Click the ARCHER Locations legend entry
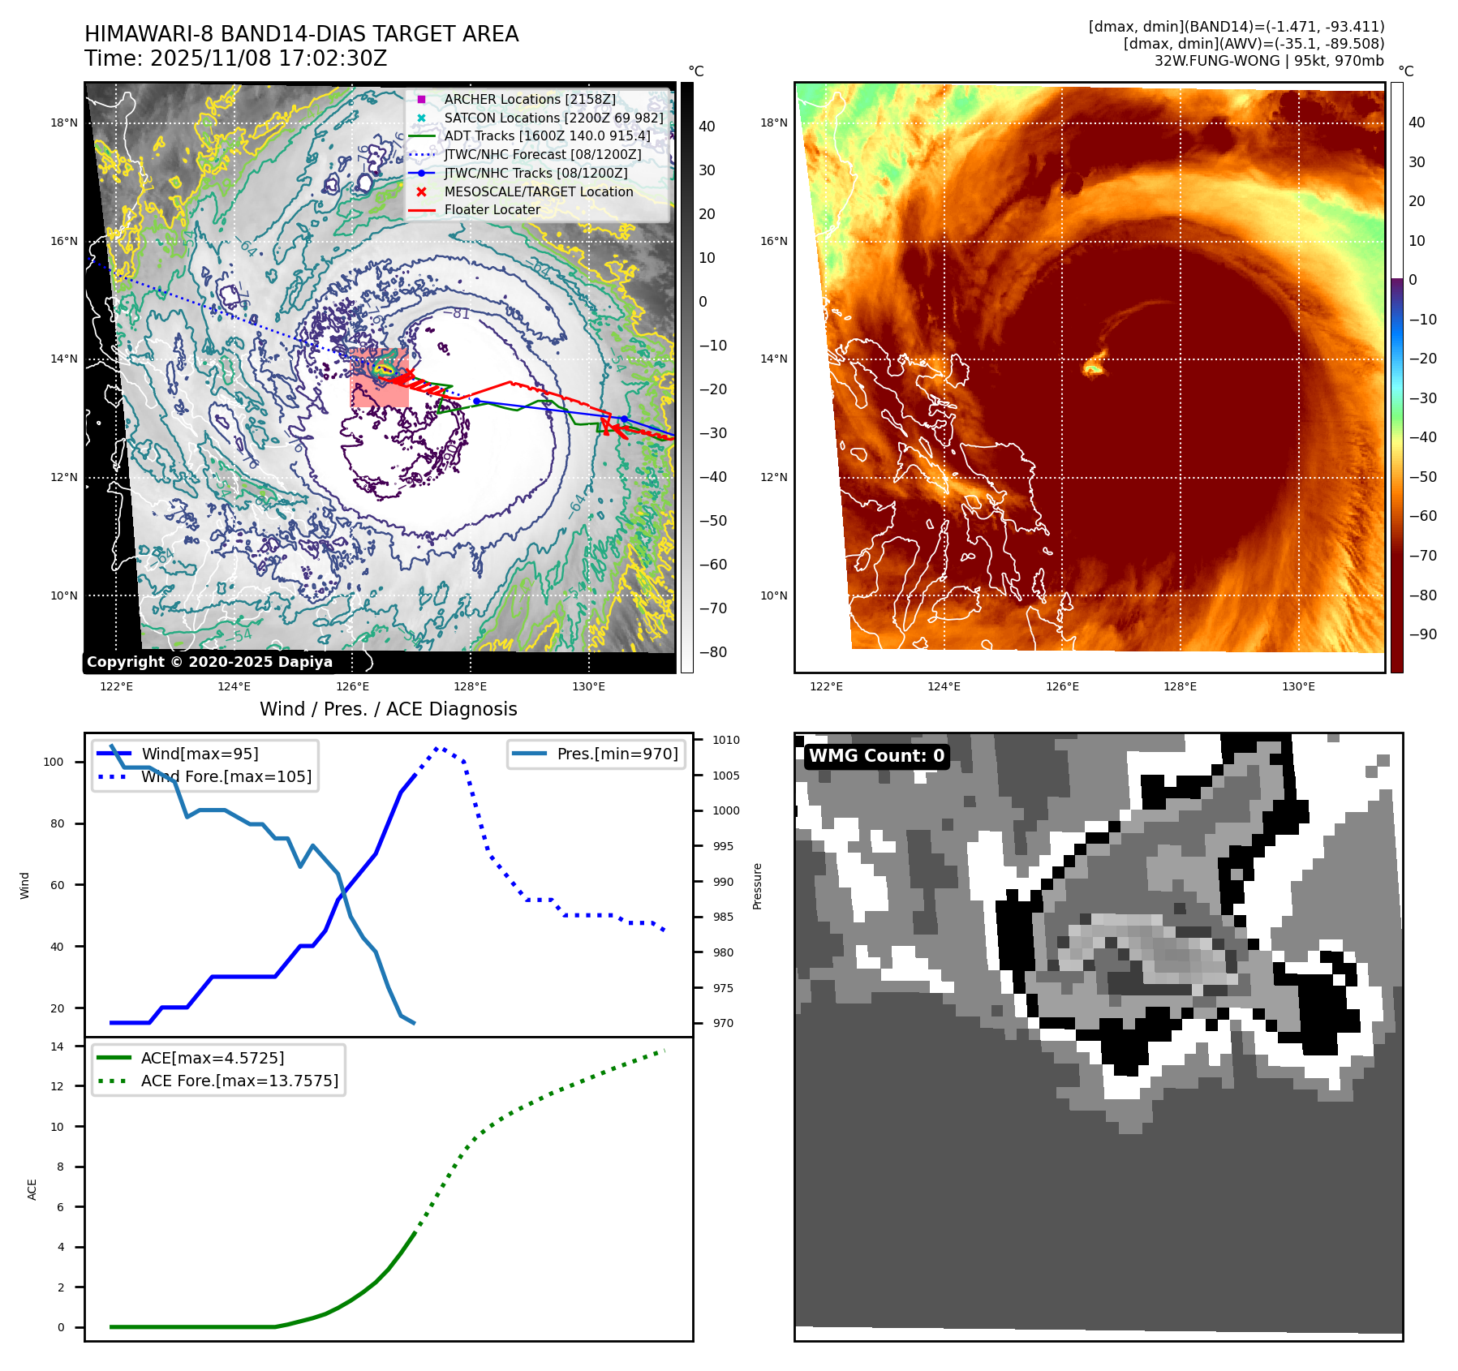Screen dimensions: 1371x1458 pos(529,99)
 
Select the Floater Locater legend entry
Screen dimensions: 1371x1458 pos(492,209)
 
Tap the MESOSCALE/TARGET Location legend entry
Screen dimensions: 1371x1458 pos(538,191)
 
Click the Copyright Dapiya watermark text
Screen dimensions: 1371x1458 pos(209,662)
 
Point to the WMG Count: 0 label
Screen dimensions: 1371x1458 pos(876,756)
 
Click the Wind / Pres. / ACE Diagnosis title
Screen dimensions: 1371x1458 pos(388,709)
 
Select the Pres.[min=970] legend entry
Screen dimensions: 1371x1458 pos(617,754)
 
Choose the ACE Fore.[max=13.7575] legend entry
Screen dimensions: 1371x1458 pos(239,1081)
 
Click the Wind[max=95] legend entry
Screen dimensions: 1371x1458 pos(200,754)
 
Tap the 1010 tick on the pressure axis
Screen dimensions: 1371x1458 pos(725,740)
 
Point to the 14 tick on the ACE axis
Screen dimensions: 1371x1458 pos(57,1047)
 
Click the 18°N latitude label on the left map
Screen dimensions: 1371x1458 pos(64,123)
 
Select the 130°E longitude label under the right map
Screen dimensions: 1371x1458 pos(1298,686)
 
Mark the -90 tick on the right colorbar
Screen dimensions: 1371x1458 pos(1422,634)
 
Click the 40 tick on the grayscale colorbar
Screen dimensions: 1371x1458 pos(707,127)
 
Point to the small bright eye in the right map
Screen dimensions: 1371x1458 pos(1093,368)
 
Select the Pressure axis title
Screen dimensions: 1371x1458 pos(757,886)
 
